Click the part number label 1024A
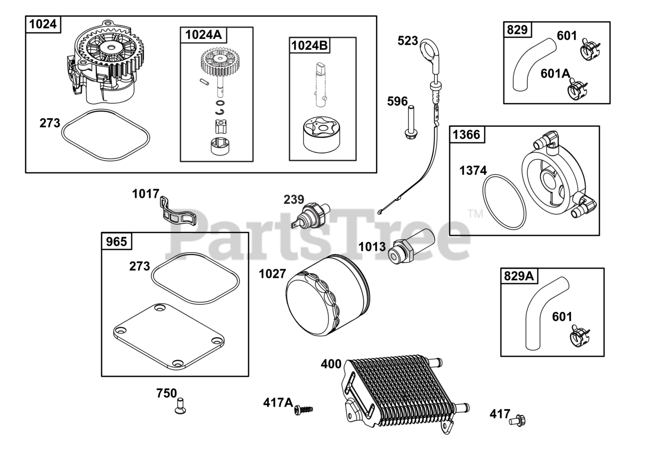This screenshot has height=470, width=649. [x=203, y=34]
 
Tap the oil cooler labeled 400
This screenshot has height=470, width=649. [x=401, y=390]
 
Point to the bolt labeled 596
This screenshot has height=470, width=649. [x=410, y=122]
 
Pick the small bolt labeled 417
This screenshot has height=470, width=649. [x=518, y=420]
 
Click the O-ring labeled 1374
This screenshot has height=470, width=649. [x=504, y=201]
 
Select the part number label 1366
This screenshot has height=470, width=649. [x=466, y=134]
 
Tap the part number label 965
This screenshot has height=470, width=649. [x=117, y=241]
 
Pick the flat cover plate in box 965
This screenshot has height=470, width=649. [x=169, y=336]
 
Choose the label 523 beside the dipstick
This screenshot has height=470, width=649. [x=408, y=41]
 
